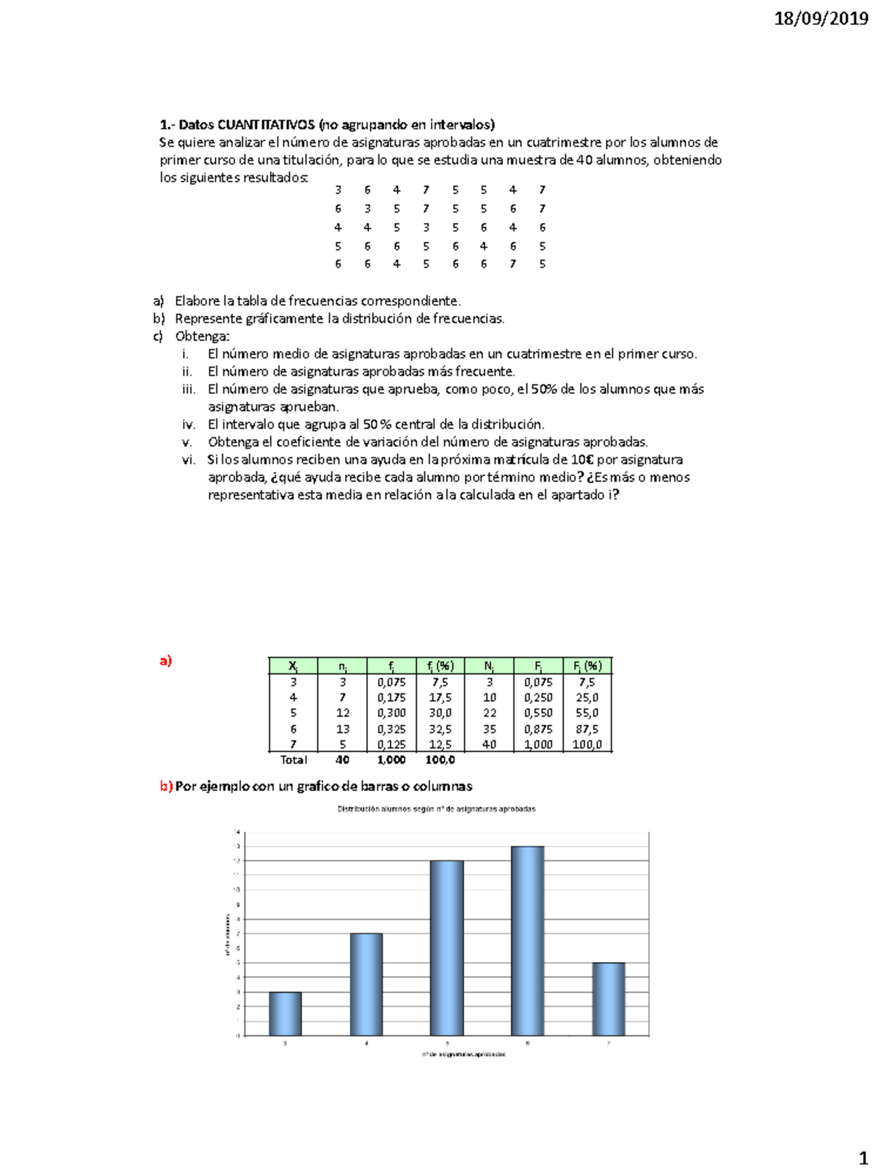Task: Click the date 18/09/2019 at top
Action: pos(821,18)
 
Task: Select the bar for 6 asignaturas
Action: pos(527,940)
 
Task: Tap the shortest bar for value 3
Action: pos(285,1013)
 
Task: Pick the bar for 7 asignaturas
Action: pos(609,999)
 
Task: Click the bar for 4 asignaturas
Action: pos(366,984)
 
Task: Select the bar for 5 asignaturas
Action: pos(446,947)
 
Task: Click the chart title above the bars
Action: pos(436,809)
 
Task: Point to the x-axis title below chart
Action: pos(463,1054)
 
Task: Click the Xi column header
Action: pos(293,666)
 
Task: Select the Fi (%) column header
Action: pos(587,666)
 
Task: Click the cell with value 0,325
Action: pos(391,729)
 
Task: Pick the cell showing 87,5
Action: pos(587,729)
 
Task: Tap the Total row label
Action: pos(293,760)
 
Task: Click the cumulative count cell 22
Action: pos(489,713)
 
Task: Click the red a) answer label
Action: pos(165,660)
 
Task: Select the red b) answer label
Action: pos(166,787)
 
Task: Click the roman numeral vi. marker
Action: pos(189,460)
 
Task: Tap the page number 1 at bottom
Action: pos(863,1159)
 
